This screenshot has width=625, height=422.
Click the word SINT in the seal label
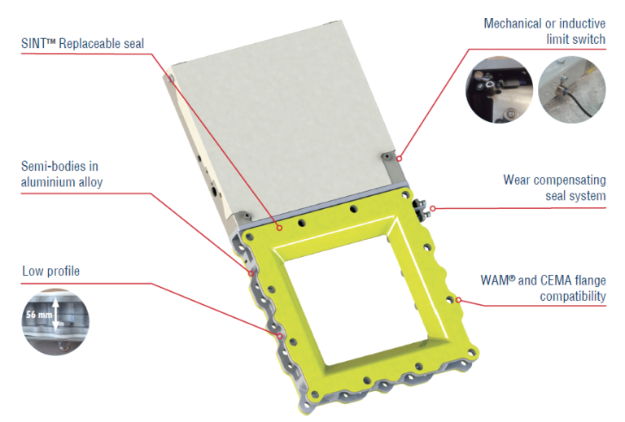coord(34,43)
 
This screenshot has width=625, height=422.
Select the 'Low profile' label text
coord(50,271)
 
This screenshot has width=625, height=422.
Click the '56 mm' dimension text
coord(39,315)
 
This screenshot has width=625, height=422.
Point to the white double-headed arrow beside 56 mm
coord(56,314)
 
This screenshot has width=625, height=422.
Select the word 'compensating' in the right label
coord(570,181)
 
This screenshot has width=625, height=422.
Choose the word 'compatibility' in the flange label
coord(573,297)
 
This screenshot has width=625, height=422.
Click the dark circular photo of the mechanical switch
coord(499,89)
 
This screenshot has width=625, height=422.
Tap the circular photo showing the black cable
coord(571,89)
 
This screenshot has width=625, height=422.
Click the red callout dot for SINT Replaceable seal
coord(280,228)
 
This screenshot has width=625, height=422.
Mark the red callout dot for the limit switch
coord(399,159)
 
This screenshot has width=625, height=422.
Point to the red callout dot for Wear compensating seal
coord(433,208)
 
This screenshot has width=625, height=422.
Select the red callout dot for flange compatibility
coord(458,300)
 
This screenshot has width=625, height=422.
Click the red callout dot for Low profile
coord(280,337)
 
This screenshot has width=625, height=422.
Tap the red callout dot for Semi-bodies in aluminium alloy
coord(251,273)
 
